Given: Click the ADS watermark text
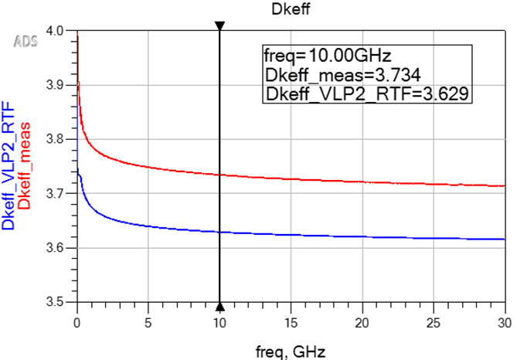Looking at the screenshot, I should coord(26,39).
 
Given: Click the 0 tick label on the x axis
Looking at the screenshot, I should coord(77,319).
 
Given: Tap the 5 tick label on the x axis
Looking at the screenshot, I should coord(148,319).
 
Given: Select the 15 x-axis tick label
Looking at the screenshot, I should coord(291,319).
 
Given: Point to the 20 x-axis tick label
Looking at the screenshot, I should coord(362,319).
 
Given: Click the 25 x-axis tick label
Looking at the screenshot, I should coord(433,319).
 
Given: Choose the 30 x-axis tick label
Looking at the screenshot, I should coord(504,319).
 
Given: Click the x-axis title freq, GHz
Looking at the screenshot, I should coord(290,351).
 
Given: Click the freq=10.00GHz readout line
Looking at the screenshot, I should coord(329,56).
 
